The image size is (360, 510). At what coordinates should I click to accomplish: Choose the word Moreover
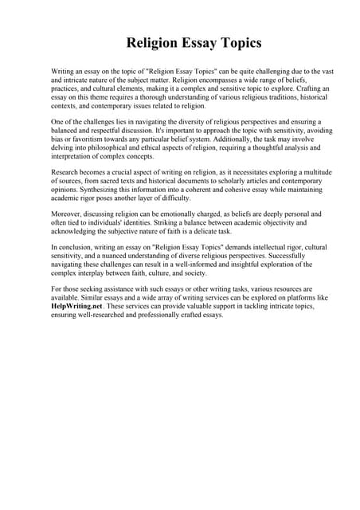[68, 214]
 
